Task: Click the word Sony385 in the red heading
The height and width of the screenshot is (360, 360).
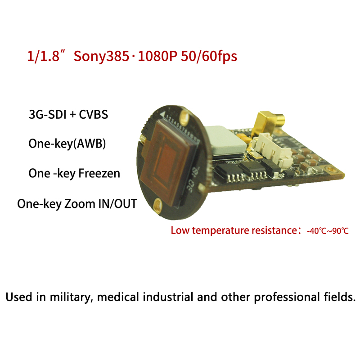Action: [101, 56]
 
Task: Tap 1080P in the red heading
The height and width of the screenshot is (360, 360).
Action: [157, 56]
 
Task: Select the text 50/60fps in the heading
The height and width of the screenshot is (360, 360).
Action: [209, 56]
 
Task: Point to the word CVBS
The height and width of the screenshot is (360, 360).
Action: [94, 114]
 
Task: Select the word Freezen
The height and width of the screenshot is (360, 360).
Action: [99, 173]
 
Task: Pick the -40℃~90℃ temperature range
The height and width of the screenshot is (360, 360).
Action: [328, 231]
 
